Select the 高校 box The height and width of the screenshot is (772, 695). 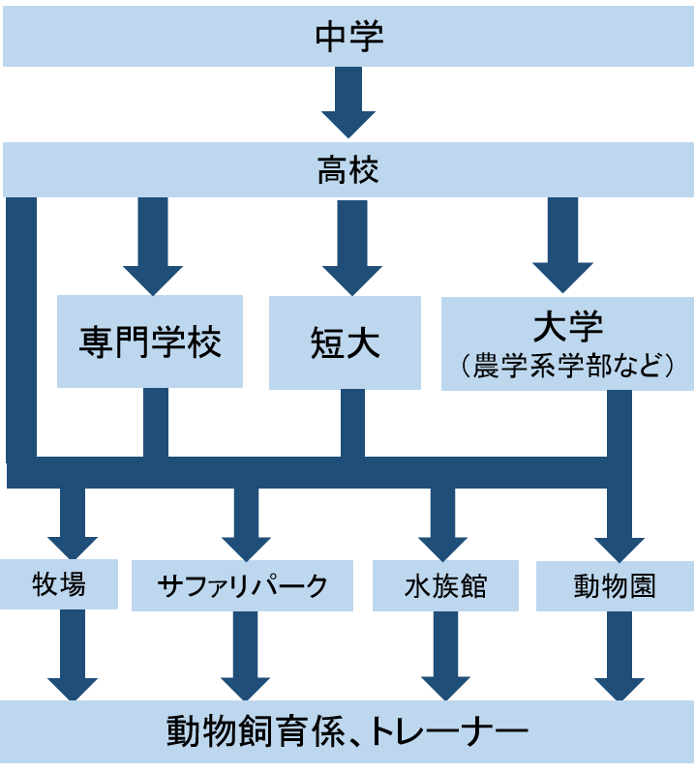point(347,171)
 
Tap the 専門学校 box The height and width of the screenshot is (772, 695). point(151,341)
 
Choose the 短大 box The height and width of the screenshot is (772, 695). point(345,342)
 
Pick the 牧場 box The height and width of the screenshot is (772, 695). point(60,584)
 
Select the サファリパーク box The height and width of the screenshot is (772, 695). point(244,585)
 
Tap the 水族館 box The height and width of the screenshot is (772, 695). point(445,585)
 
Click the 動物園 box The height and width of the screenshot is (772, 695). point(615,585)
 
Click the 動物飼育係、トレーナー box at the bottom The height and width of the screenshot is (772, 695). point(347,730)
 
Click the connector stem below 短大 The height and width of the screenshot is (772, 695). point(352,424)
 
